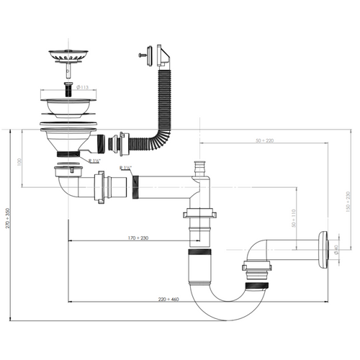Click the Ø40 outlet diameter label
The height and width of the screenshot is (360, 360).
click(334, 251)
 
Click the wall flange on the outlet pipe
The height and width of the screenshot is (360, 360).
click(325, 250)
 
